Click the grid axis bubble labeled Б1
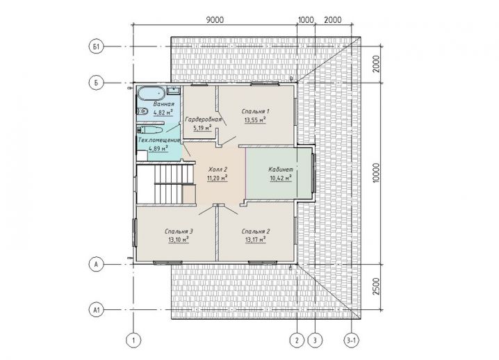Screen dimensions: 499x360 coord(96,47)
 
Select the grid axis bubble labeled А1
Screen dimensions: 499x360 coord(96,310)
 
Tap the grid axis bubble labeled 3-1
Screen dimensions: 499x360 coord(352,341)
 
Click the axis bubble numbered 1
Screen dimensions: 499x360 coord(133,341)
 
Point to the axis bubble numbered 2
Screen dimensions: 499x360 coord(297,341)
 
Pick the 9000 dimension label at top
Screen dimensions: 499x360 coord(215,19)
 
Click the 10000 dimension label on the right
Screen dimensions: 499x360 coord(376,173)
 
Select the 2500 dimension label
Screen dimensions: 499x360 coord(376,286)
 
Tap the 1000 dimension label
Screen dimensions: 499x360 coord(306,19)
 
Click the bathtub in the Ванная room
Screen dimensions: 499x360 coord(152,93)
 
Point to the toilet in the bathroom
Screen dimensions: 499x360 coord(142,111)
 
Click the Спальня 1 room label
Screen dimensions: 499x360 coord(256,111)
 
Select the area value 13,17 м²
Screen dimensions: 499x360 coord(256,239)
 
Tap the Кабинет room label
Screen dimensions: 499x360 coord(281,169)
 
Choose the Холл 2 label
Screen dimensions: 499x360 coord(218,169)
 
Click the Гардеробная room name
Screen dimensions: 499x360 coord(203,120)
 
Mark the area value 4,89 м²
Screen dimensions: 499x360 coord(158,148)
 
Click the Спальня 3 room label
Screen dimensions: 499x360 coord(179,231)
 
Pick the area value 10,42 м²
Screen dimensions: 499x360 coord(281,178)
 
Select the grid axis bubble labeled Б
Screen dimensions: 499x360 coord(96,83)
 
